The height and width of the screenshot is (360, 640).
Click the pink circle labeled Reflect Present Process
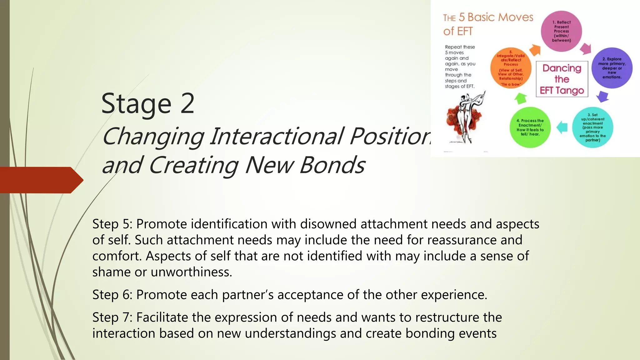[x=561, y=31]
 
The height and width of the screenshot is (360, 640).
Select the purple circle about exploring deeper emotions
[x=612, y=68]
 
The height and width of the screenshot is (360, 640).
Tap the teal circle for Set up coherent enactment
[x=592, y=127]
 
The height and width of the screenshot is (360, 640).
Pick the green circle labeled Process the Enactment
[x=530, y=127]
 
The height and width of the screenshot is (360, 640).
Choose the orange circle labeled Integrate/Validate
[x=511, y=68]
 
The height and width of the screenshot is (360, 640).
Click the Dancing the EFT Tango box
[x=562, y=79]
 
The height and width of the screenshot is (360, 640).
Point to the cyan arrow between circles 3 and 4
[x=562, y=127]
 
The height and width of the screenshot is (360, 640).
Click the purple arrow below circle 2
[x=602, y=96]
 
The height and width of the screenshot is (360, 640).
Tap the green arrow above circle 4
[x=521, y=98]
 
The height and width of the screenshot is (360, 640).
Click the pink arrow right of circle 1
[x=586, y=49]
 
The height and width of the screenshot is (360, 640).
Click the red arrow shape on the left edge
[x=41, y=180]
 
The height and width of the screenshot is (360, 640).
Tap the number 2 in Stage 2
[x=187, y=104]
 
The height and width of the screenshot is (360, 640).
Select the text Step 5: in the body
[x=112, y=224]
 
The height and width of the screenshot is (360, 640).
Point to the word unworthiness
[x=191, y=272]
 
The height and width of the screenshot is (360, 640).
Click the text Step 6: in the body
[x=112, y=295]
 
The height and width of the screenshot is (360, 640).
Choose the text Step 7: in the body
[x=112, y=317]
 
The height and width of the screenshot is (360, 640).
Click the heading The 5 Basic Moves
[x=488, y=17]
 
